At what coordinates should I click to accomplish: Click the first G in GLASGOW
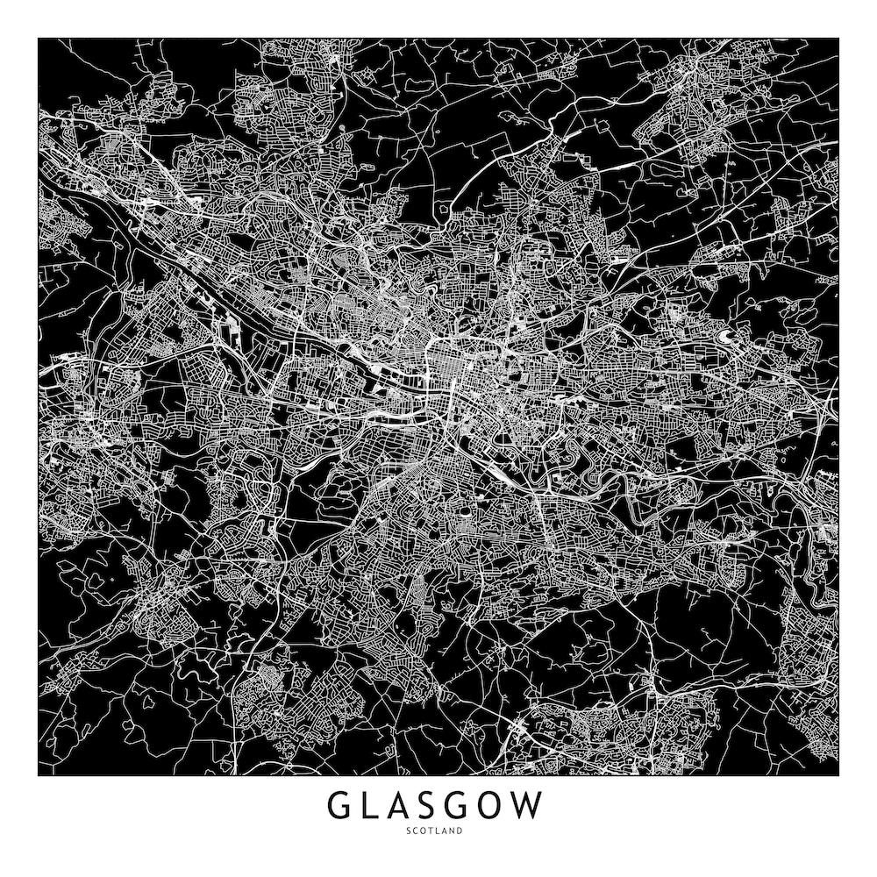point(341,806)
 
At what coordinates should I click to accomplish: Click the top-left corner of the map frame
point(39,39)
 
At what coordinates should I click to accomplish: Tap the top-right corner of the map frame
point(838,39)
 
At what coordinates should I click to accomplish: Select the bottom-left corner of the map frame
point(39,776)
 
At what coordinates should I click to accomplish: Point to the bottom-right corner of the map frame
point(838,776)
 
